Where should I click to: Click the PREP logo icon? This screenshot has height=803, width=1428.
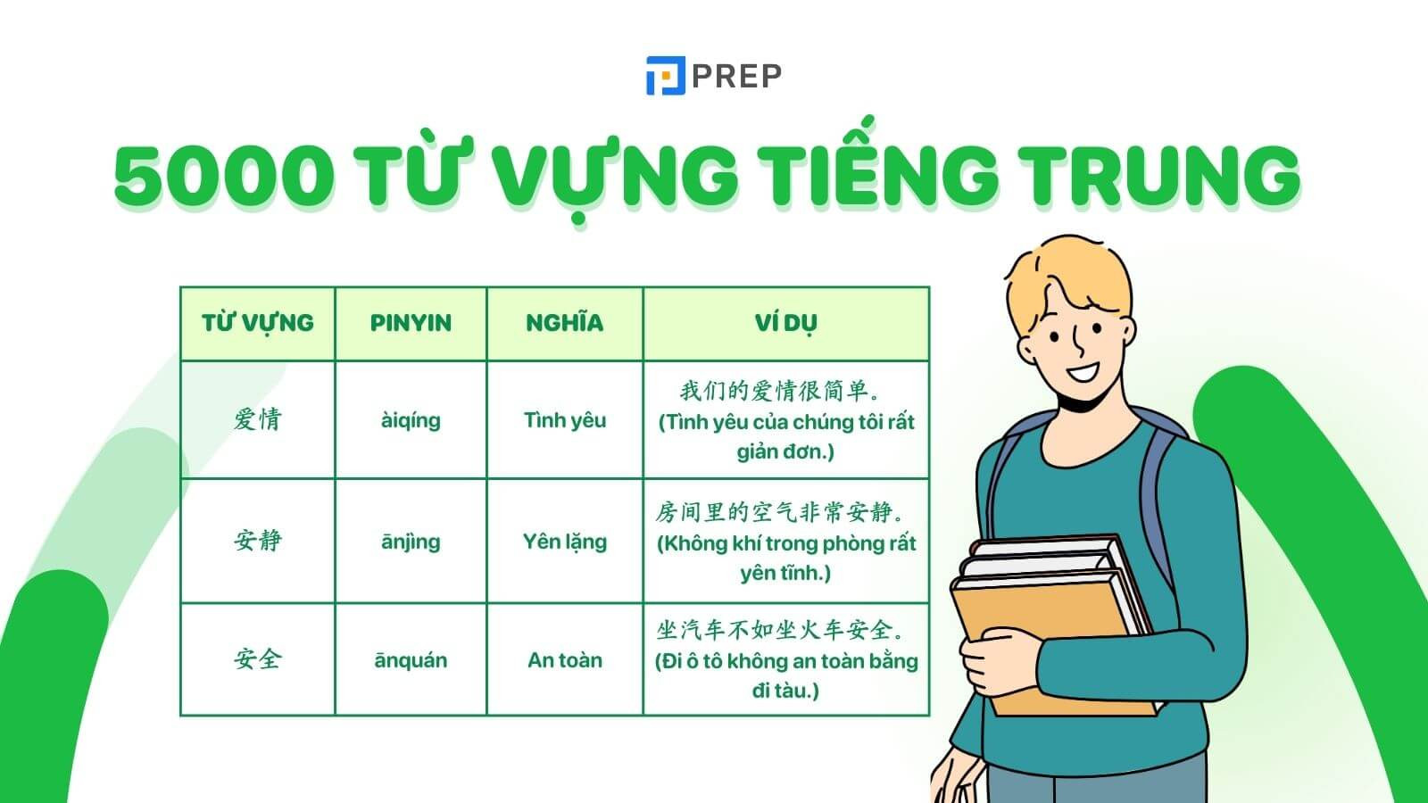pos(666,76)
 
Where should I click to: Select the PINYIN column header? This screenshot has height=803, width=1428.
pos(411,323)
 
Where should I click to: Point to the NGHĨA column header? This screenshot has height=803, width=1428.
pos(565,322)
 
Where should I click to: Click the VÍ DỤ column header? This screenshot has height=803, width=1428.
pos(785,323)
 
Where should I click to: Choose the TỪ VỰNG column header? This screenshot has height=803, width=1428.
pos(258,323)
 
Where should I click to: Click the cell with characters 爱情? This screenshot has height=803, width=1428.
pos(258,420)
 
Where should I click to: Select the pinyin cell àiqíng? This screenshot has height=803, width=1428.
pos(411,420)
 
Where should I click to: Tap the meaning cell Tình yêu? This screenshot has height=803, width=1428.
pos(565,420)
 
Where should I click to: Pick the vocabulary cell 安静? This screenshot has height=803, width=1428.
pos(258,541)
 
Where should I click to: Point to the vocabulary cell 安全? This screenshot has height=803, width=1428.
pos(258,659)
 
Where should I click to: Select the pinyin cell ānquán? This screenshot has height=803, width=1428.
pos(411,660)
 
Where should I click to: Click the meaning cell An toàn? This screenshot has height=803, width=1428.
pos(565,659)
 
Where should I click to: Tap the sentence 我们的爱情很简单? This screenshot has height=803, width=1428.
pos(780,391)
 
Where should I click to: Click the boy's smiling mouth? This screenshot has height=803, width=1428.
pos(1083,371)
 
